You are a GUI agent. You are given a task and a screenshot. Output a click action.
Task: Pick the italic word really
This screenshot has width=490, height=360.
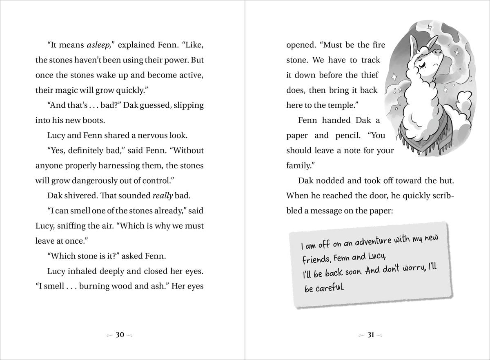tap(163, 196)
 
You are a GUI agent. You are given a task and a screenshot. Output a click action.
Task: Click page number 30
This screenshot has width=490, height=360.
tap(120, 335)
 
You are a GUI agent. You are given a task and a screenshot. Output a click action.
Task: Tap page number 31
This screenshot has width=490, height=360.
tap(371, 335)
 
